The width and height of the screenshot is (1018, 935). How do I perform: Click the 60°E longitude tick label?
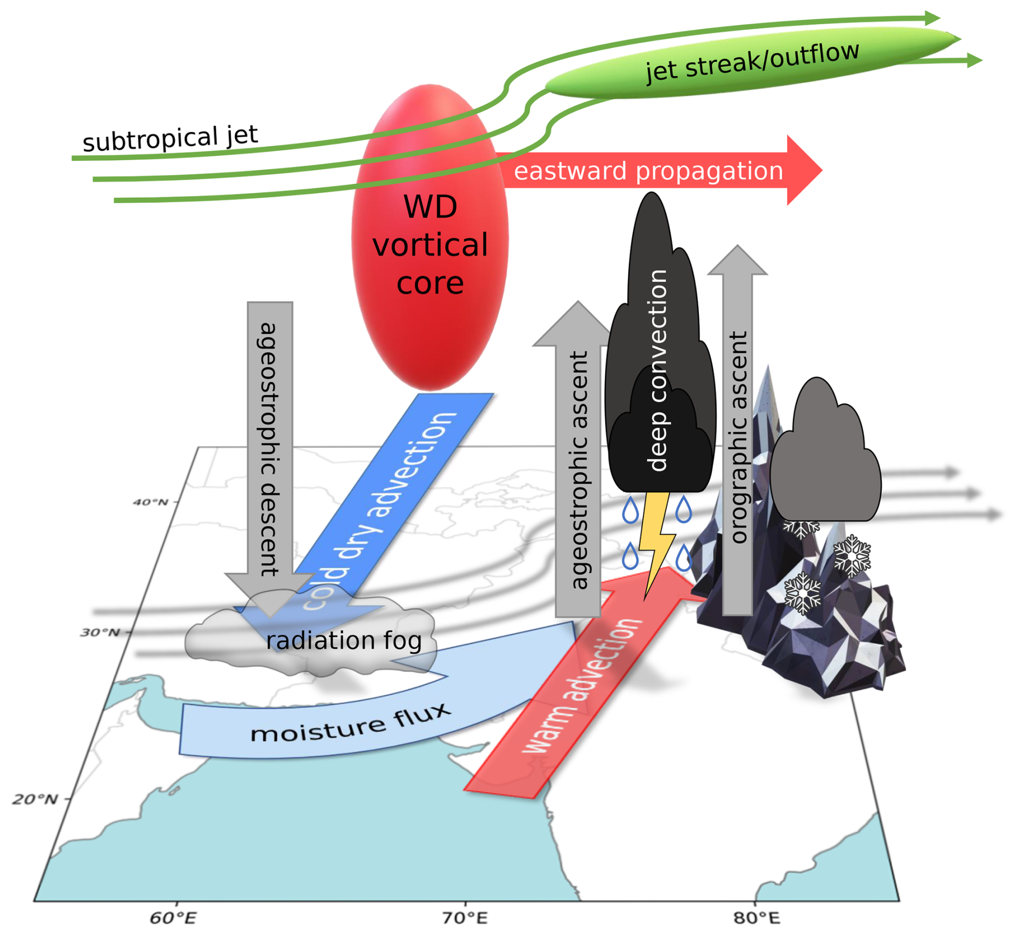click(172, 918)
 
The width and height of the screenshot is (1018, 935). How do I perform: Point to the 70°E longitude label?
click(465, 918)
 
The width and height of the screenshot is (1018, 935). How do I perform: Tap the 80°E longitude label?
click(756, 918)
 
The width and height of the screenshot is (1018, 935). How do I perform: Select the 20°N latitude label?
click(35, 799)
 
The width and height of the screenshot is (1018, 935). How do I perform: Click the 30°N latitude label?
click(100, 632)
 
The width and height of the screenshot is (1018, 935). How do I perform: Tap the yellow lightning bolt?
click(656, 543)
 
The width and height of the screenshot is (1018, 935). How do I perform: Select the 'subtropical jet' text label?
click(170, 138)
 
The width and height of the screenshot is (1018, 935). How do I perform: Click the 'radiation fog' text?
click(343, 640)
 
